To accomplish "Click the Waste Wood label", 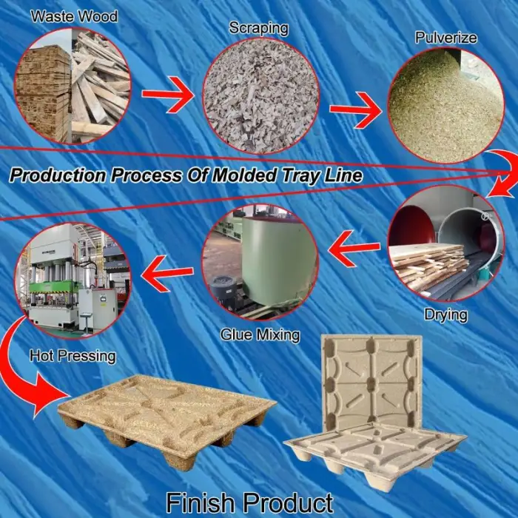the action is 74,16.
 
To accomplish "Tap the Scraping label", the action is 259,28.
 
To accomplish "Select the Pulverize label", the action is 446,38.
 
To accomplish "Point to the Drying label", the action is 446,314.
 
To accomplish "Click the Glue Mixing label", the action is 260,335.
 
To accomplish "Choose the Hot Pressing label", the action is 73,356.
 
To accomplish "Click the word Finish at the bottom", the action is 199,502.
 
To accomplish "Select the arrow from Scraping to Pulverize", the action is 355,110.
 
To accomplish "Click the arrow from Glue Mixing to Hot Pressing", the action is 166,274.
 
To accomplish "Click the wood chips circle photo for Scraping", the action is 260,96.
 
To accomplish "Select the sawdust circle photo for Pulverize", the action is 445,105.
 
